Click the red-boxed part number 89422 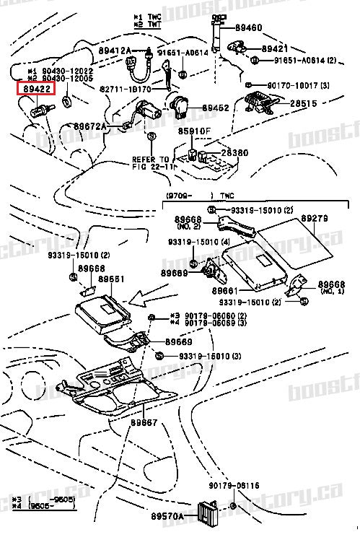[35, 90]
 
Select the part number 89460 [248, 27]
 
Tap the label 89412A [115, 50]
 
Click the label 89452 [215, 108]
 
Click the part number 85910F [195, 131]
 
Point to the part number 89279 [315, 217]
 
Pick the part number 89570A [167, 516]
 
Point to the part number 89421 [275, 48]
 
